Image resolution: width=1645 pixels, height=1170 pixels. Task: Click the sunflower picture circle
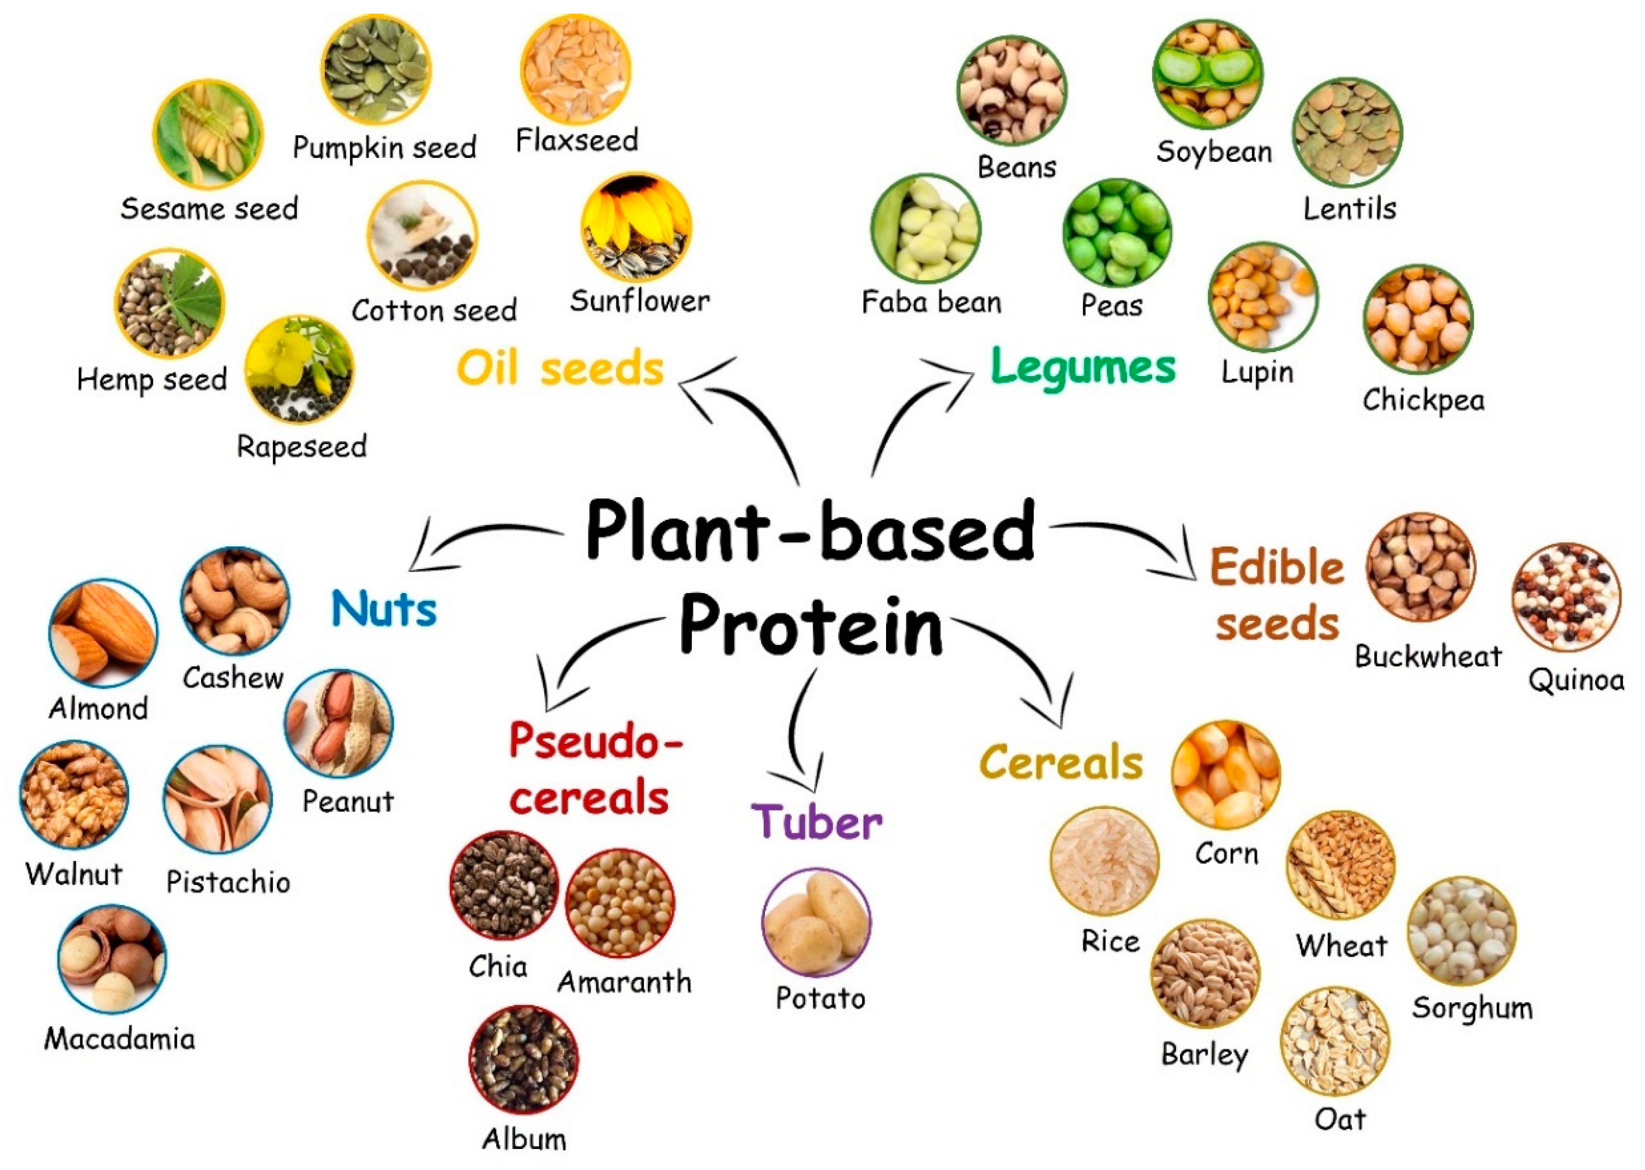click(636, 227)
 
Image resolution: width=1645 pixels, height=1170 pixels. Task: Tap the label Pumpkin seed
click(384, 148)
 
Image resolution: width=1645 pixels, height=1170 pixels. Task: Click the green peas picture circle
click(1117, 232)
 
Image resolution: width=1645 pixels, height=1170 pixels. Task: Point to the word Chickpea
click(1423, 400)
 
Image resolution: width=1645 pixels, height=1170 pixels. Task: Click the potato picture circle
click(816, 922)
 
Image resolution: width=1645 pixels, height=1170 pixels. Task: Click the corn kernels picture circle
click(1225, 774)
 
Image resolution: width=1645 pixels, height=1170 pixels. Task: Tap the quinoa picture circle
click(1566, 597)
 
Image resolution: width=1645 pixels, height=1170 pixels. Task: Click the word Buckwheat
click(1428, 656)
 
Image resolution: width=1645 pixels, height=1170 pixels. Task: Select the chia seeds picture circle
click(504, 885)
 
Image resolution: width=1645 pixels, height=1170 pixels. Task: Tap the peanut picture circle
click(339, 723)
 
